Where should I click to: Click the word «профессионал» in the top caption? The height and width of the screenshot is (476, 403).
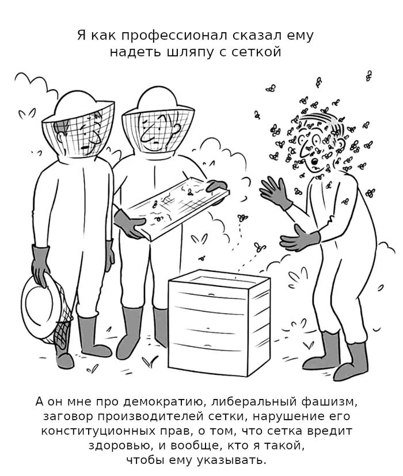[x=174, y=36]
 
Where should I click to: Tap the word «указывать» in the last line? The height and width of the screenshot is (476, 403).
[x=231, y=460]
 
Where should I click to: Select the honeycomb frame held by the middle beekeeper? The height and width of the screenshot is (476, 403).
[x=178, y=209]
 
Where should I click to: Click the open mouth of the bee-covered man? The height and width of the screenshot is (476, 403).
[x=315, y=161]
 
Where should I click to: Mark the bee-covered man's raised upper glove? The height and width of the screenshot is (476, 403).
[x=275, y=192]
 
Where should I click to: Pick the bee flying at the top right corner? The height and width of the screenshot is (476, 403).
[x=369, y=76]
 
